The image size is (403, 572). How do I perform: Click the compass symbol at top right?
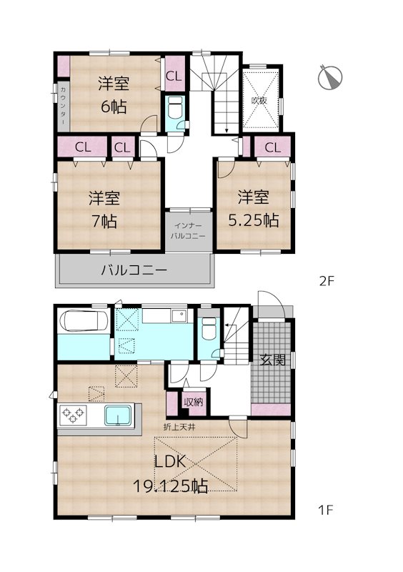click(x=330, y=77)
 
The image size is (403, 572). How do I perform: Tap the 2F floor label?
click(x=327, y=281)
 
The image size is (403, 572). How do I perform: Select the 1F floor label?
click(x=326, y=510)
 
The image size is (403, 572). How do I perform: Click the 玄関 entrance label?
click(x=272, y=360)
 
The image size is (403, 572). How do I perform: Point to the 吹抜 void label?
click(x=259, y=100)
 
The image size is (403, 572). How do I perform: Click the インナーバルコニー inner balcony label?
click(x=188, y=231)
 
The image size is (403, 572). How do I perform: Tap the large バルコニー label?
click(x=134, y=270)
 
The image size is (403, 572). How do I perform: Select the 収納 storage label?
click(x=194, y=403)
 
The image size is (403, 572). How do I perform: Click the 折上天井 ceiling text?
click(x=179, y=427)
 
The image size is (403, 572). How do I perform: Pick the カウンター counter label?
click(x=63, y=106)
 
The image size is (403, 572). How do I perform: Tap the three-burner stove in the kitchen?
click(x=73, y=416)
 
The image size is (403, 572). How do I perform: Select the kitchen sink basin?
click(x=117, y=416)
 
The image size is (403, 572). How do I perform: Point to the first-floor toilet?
click(x=209, y=328)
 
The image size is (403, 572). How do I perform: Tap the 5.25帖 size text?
click(x=254, y=221)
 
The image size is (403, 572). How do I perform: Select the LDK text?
click(x=171, y=462)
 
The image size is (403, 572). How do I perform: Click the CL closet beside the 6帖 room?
click(x=174, y=77)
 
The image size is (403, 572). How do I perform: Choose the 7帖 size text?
click(x=104, y=221)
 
